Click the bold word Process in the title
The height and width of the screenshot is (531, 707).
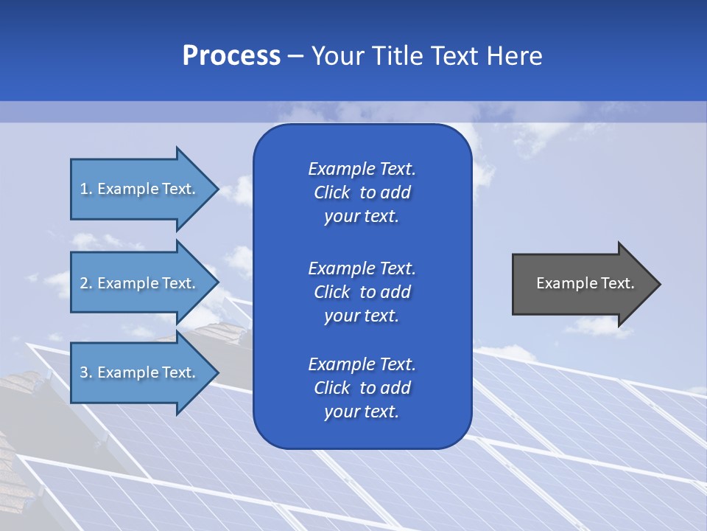(231, 55)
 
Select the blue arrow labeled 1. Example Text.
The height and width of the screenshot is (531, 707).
(140, 189)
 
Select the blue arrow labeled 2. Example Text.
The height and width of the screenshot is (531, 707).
(140, 283)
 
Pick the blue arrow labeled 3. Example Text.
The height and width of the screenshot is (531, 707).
(140, 372)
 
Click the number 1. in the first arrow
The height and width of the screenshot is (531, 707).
(86, 189)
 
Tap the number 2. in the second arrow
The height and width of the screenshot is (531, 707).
(86, 283)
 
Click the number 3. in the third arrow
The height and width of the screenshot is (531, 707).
(86, 372)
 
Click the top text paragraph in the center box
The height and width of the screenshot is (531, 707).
(362, 192)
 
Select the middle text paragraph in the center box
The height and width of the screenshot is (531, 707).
(362, 291)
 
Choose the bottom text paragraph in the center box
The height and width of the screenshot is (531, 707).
(362, 388)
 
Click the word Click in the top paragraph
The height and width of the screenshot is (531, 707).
(332, 192)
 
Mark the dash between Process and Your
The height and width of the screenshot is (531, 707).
(296, 56)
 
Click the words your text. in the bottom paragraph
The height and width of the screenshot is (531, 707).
(362, 412)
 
